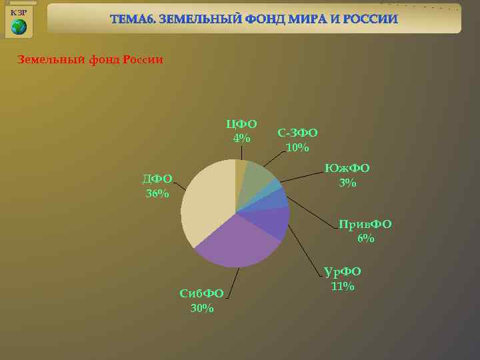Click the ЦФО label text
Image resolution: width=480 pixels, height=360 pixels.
point(241,124)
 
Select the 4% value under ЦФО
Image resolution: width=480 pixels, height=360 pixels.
point(241,139)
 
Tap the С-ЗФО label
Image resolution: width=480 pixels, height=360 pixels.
point(297,133)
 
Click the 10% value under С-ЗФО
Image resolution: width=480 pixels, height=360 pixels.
point(297,147)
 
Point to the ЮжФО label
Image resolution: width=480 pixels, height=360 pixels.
point(347,168)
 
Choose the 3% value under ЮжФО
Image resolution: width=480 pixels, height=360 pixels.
point(347,183)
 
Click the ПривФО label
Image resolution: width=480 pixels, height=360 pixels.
point(365,224)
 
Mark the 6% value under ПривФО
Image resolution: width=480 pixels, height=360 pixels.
point(365,238)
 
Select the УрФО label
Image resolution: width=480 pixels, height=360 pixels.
point(342,271)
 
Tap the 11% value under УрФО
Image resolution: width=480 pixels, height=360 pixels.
point(342,286)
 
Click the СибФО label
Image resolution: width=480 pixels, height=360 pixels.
point(201,293)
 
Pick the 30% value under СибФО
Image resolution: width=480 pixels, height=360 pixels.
point(201,308)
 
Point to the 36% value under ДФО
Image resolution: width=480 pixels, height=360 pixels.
point(157,193)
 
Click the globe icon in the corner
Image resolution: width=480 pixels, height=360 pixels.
point(19,27)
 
